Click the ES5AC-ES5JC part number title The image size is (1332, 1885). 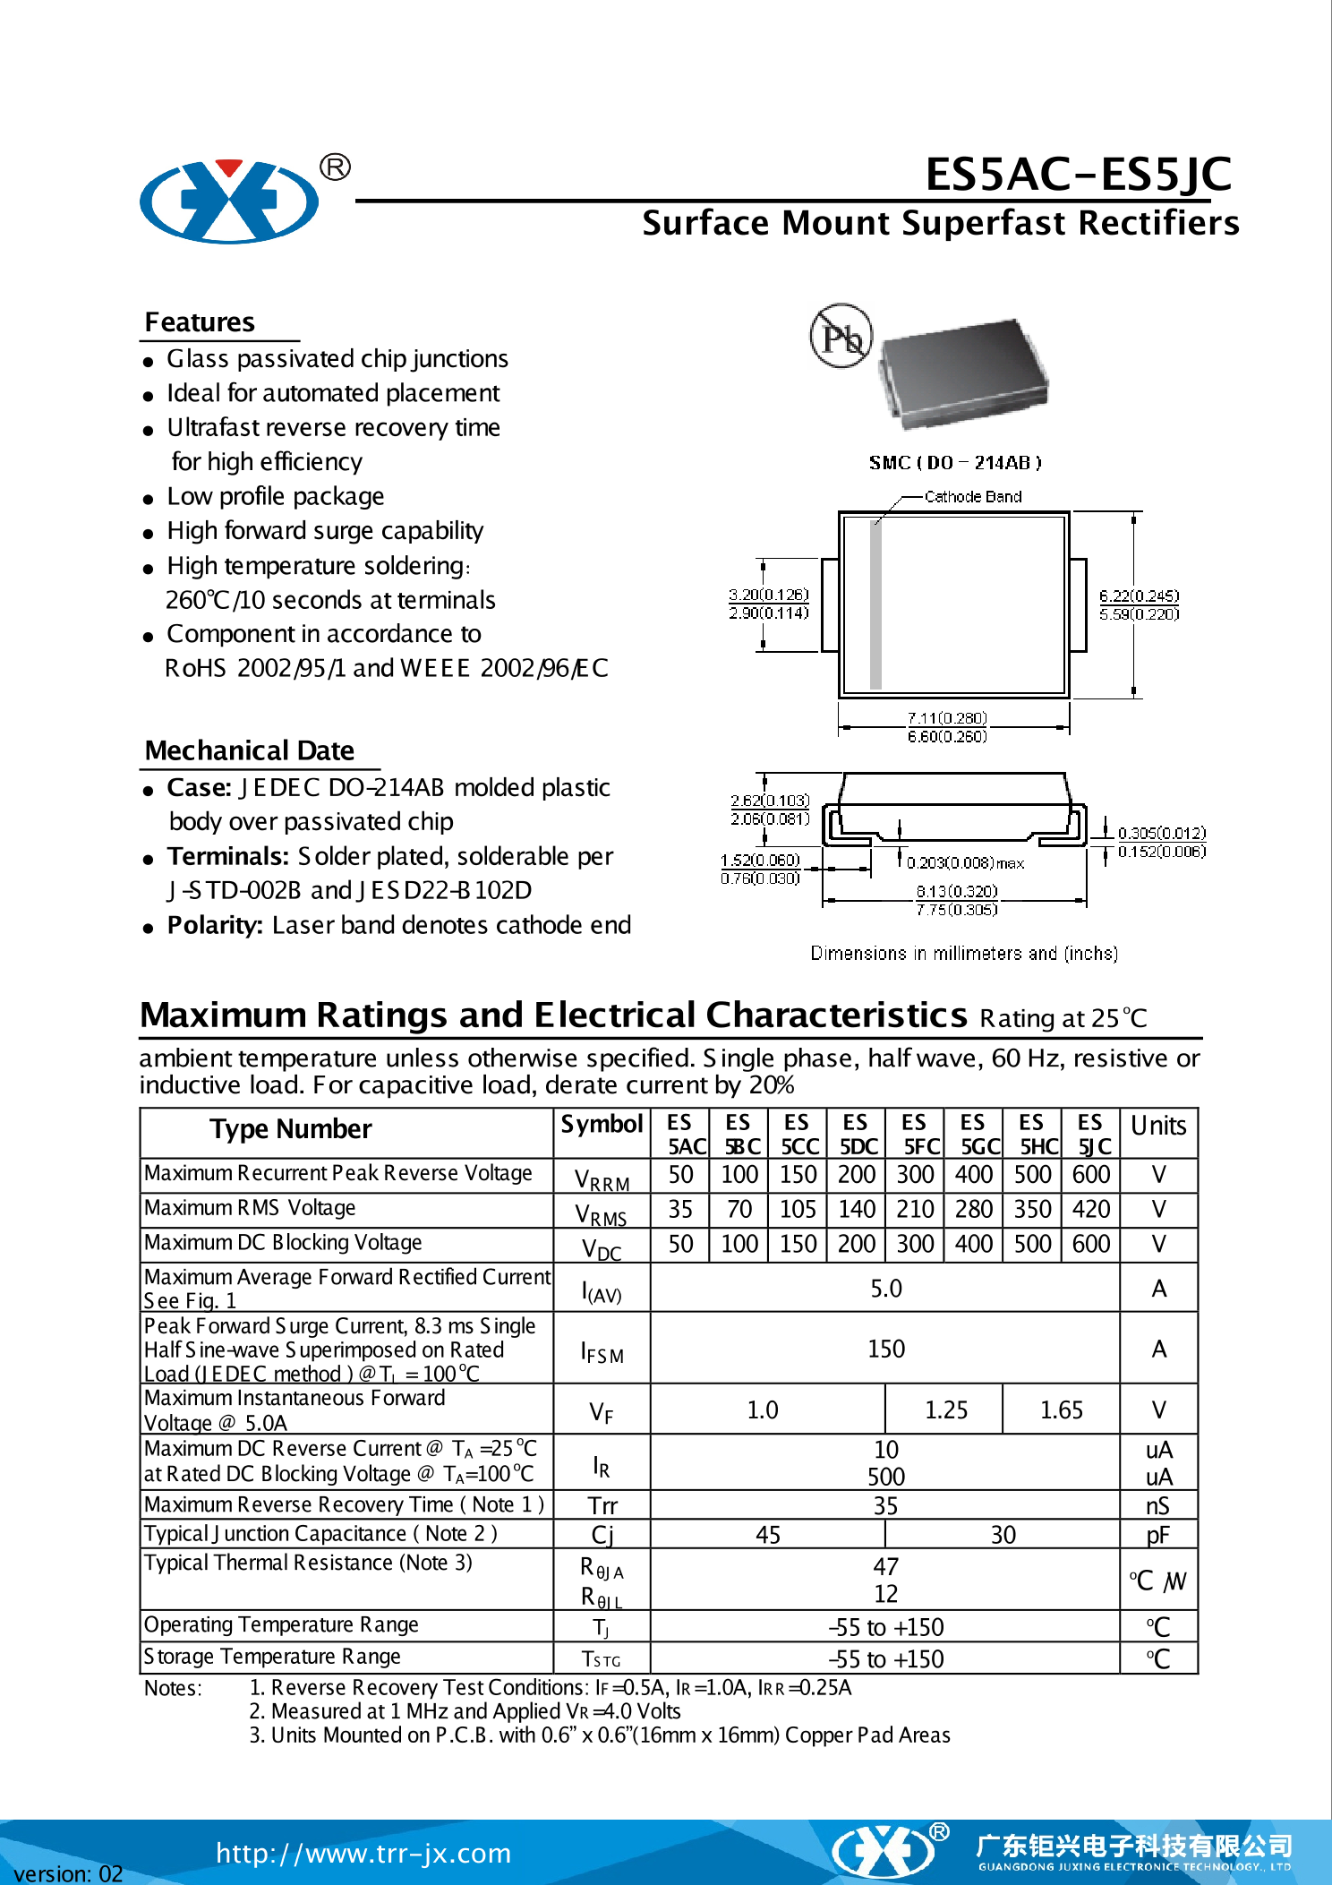[x=1078, y=174]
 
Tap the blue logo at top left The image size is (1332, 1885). [x=229, y=201]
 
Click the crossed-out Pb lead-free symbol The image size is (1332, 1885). [x=841, y=336]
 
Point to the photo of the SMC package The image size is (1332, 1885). [x=963, y=370]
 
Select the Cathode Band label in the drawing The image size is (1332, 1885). [x=972, y=497]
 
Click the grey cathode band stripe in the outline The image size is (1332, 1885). [x=876, y=604]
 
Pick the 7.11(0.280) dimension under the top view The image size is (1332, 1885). [x=946, y=718]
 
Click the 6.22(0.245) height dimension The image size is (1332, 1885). [x=1139, y=595]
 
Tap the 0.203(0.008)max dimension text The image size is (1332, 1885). [x=965, y=863]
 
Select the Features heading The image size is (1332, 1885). [x=200, y=322]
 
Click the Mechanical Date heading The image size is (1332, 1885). [x=250, y=750]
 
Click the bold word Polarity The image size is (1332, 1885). [x=215, y=925]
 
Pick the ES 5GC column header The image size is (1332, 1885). [x=974, y=1135]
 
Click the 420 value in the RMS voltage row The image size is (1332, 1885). [x=1091, y=1210]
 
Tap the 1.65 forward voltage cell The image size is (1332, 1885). [x=1062, y=1410]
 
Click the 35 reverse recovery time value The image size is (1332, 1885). [x=885, y=1506]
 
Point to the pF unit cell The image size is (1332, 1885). [x=1158, y=1536]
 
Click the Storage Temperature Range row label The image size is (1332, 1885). [x=272, y=1657]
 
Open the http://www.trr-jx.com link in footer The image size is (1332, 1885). [x=363, y=1853]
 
